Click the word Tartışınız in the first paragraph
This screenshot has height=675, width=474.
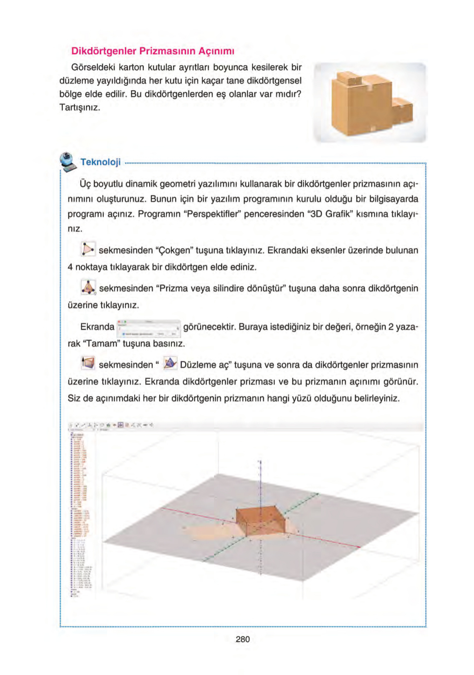click(x=80, y=107)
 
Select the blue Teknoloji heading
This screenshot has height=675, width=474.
click(x=100, y=162)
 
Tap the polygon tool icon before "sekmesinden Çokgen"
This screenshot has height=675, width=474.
click(x=88, y=249)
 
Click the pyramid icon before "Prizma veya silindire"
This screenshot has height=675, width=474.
click(x=88, y=287)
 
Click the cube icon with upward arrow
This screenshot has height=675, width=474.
click(x=88, y=363)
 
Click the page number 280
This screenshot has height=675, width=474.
click(x=242, y=639)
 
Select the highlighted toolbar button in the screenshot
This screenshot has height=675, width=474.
click(x=120, y=425)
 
